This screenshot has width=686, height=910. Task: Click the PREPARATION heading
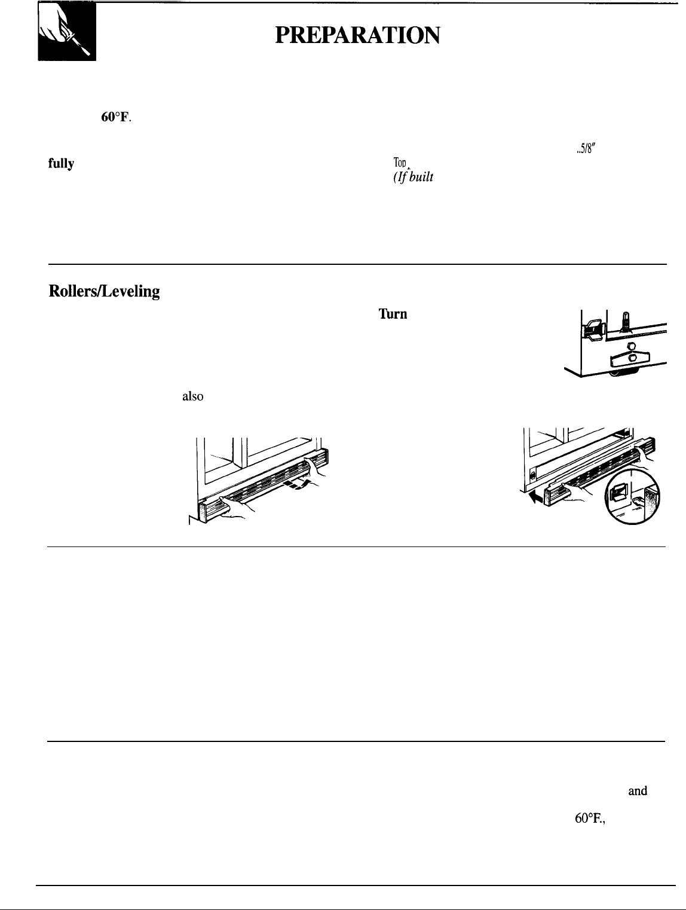357,37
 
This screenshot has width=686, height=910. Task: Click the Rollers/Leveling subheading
104,291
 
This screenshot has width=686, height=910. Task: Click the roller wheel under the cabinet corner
624,372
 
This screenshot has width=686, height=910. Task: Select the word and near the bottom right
638,791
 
